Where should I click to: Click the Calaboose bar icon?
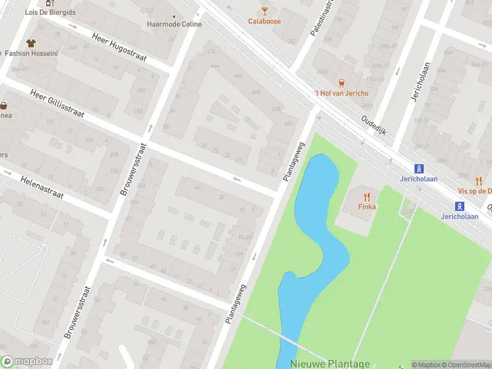[x=264, y=10]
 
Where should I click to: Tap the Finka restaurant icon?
[x=367, y=197]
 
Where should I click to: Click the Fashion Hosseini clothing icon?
[x=31, y=43]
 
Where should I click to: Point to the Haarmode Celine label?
[x=174, y=25]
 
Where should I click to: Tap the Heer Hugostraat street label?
[x=119, y=47]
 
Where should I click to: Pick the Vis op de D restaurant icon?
[x=478, y=180]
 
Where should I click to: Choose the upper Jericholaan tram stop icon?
[x=419, y=168]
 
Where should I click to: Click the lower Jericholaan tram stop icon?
[x=459, y=206]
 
